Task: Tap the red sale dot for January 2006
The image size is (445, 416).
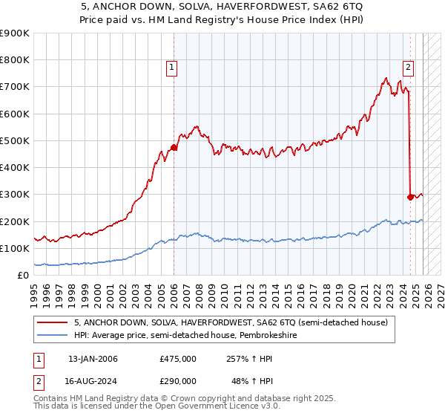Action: click(174, 147)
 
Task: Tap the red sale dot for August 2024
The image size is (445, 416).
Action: click(410, 197)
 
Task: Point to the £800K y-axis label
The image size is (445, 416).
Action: click(15, 60)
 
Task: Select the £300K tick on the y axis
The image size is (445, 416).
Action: click(15, 195)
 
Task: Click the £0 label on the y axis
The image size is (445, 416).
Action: click(22, 276)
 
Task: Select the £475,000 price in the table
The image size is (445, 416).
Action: click(177, 359)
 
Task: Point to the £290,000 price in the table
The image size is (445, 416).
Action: click(177, 380)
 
